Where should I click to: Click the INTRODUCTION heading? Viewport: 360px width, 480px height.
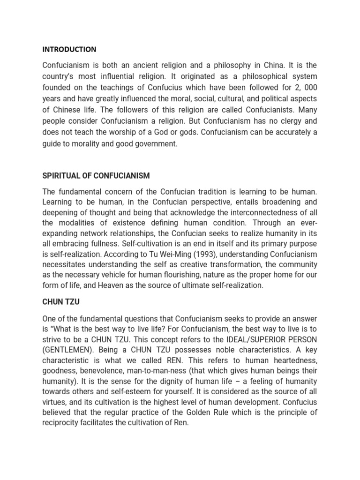coord(69,49)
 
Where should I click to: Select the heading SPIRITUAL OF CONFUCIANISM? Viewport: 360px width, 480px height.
coord(96,176)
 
